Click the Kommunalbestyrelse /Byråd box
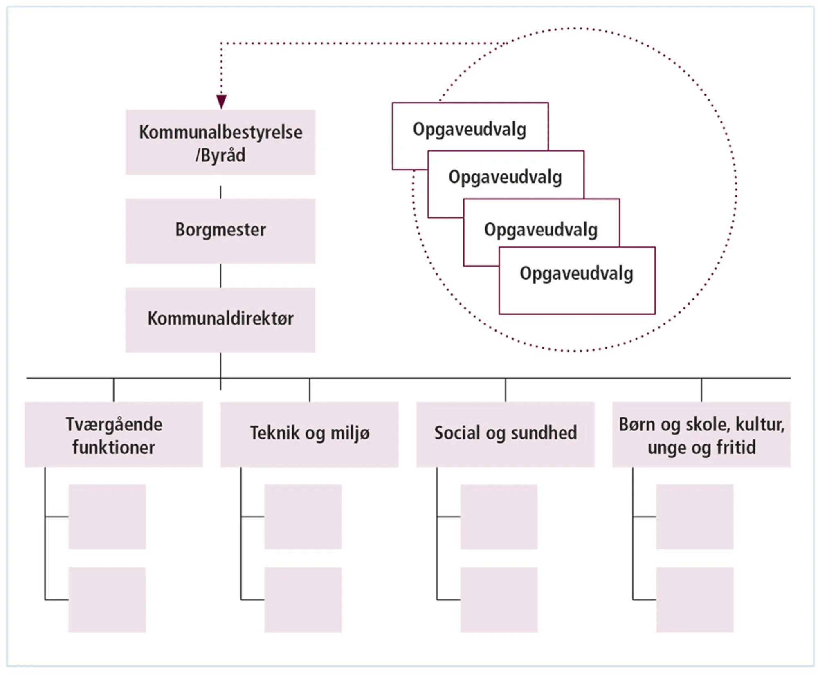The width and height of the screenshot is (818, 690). (x=220, y=142)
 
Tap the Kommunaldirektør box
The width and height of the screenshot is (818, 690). (x=220, y=319)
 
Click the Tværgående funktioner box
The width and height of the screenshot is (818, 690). (x=114, y=435)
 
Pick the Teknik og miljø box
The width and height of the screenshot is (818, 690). (x=309, y=435)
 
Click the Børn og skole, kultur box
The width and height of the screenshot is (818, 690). (x=701, y=435)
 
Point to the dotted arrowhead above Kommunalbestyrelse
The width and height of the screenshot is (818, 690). (x=221, y=101)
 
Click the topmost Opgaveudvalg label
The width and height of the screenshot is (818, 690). (x=469, y=130)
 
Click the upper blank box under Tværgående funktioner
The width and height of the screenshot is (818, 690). (x=107, y=517)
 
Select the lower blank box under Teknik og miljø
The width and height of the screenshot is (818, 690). (x=303, y=600)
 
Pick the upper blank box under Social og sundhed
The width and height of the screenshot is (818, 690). (x=499, y=517)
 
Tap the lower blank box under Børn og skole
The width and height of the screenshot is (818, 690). (x=694, y=600)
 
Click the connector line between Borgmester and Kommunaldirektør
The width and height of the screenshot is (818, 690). (x=220, y=276)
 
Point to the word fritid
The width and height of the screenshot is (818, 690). (x=736, y=447)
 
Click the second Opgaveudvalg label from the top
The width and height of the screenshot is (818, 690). (x=505, y=177)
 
